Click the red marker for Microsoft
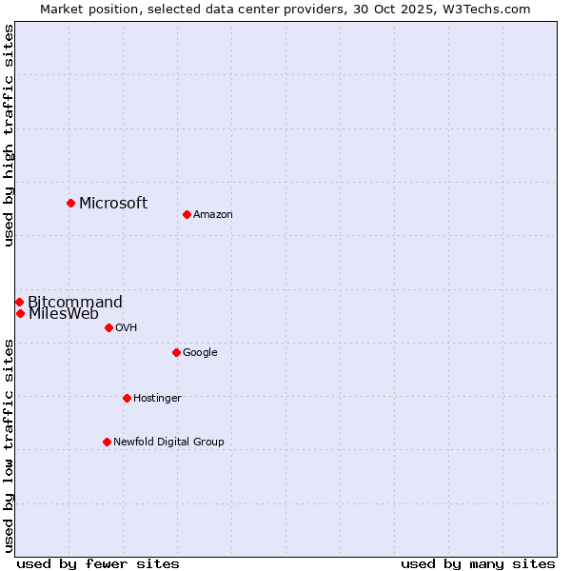[70, 203]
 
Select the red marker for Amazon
[187, 214]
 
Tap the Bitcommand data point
[19, 302]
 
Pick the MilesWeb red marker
[20, 313]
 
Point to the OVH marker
[108, 327]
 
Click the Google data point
[176, 352]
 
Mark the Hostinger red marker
[127, 398]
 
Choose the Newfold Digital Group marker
[107, 442]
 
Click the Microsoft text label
[113, 203]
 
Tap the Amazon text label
[213, 215]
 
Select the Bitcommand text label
[75, 303]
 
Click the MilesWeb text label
[64, 314]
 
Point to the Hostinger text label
[157, 399]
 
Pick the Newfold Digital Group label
[168, 443]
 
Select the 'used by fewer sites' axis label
[98, 563]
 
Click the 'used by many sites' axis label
[478, 563]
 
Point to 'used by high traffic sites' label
[9, 135]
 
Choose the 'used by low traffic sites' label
[9, 445]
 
